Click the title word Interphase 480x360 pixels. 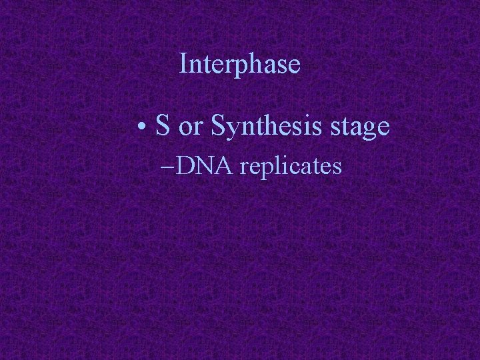[240, 65]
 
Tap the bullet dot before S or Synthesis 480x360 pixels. [143, 127]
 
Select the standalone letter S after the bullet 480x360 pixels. [163, 126]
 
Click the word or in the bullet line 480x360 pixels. [190, 127]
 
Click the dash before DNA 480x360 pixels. [169, 167]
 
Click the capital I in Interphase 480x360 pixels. [185, 64]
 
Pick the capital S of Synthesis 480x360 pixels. [217, 126]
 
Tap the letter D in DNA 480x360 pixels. [187, 165]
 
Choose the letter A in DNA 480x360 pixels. [224, 165]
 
